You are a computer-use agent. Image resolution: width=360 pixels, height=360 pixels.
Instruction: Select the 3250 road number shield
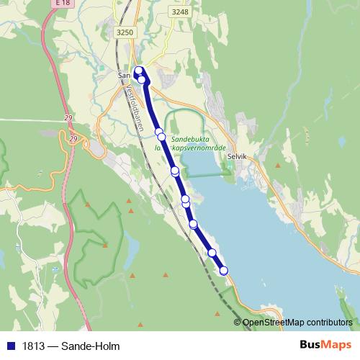point(125,32)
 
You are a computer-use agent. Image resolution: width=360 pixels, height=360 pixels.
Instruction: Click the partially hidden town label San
point(123,73)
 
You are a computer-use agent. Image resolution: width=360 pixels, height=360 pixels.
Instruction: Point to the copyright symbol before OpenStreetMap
point(238,323)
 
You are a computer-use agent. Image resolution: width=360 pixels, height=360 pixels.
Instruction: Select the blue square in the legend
point(10,346)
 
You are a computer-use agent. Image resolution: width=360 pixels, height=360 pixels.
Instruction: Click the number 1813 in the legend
point(31,346)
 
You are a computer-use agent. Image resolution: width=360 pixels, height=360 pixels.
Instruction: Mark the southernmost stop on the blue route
point(224,271)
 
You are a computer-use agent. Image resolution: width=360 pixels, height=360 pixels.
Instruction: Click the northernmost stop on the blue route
point(140,71)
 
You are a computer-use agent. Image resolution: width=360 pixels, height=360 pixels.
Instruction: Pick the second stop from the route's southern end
point(212,253)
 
